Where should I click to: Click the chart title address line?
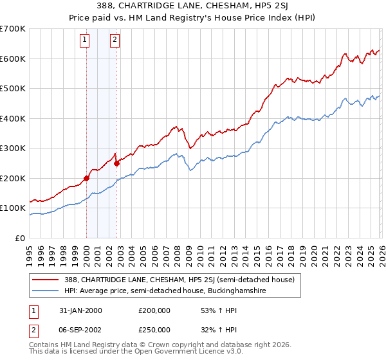click(193, 6)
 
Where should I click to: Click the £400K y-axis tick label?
click(13, 118)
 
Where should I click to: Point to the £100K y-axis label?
click(13, 208)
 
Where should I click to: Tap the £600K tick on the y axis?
click(13, 59)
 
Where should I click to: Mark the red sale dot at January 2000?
click(86, 178)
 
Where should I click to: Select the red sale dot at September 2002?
click(116, 163)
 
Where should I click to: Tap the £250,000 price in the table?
click(154, 329)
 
